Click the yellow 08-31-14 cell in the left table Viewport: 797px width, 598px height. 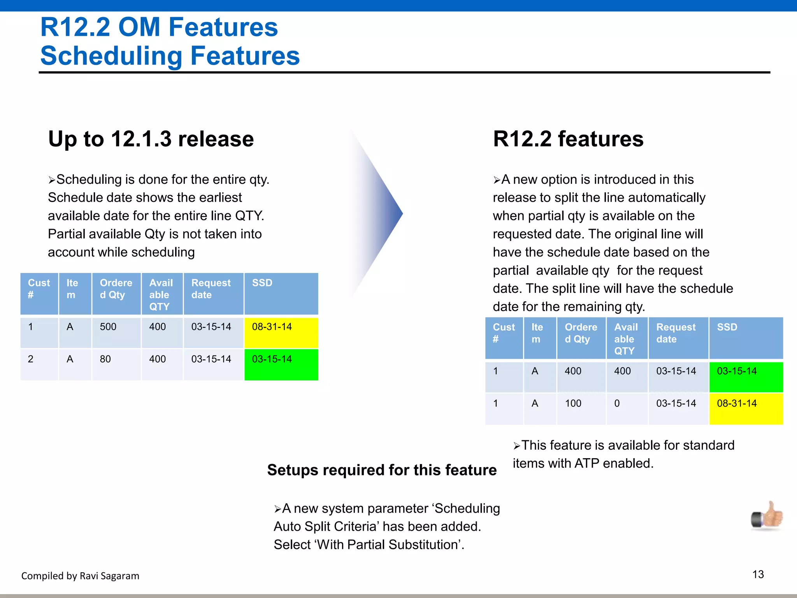[x=281, y=332]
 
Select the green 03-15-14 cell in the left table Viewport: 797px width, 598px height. [x=281, y=364]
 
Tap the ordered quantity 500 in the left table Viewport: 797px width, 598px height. [x=108, y=327]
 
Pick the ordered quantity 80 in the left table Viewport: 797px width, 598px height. [x=105, y=359]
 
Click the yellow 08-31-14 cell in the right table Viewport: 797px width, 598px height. [x=746, y=408]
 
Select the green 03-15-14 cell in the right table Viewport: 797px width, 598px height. [x=746, y=376]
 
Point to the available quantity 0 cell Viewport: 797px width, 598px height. [x=617, y=403]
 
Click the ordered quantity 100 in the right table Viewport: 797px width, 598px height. [x=573, y=403]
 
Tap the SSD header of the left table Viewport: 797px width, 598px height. [x=262, y=283]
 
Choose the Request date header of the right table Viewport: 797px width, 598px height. [x=676, y=333]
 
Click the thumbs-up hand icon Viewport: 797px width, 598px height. [x=767, y=516]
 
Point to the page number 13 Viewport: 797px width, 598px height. [x=758, y=574]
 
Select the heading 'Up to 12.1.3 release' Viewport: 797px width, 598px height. [x=151, y=139]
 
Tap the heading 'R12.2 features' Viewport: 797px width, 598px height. [x=568, y=139]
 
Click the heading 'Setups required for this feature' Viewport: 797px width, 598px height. [x=382, y=470]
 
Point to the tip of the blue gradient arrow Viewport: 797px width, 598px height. [x=402, y=213]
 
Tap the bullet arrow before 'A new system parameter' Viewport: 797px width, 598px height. [x=277, y=509]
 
